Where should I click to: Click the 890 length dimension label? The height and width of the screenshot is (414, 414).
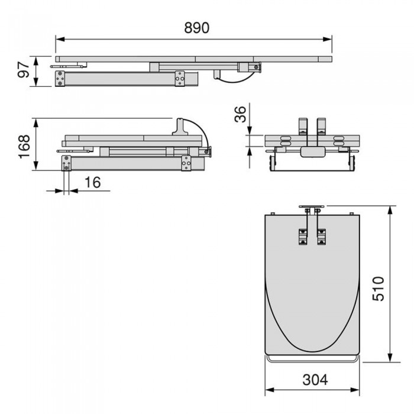(197, 28)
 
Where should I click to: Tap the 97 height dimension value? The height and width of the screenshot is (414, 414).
(24, 70)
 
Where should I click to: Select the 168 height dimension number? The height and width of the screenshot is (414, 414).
(24, 147)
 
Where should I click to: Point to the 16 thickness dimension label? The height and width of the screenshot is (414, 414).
(93, 182)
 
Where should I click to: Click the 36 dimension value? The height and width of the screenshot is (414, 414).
(240, 114)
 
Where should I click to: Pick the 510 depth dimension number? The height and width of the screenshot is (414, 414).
(378, 289)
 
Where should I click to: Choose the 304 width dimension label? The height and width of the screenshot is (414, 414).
(315, 380)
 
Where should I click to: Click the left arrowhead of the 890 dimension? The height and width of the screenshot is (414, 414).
(60, 40)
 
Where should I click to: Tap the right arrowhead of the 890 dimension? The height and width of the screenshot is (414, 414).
(328, 40)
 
